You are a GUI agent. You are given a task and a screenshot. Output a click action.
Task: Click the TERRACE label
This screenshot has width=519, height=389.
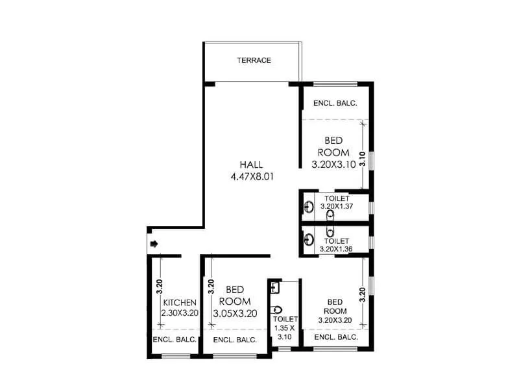pyautogui.click(x=254, y=60)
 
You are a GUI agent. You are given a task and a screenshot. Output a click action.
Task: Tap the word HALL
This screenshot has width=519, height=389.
pyautogui.click(x=251, y=164)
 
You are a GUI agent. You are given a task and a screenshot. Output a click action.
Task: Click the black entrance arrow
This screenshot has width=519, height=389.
pyautogui.click(x=154, y=244)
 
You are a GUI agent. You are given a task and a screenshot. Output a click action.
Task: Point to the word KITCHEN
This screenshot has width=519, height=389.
pyautogui.click(x=180, y=303)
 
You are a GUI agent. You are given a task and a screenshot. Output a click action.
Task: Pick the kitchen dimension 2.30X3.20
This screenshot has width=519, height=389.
pyautogui.click(x=180, y=313)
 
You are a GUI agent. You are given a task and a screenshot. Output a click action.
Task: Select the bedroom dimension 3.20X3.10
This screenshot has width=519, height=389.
pyautogui.click(x=333, y=165)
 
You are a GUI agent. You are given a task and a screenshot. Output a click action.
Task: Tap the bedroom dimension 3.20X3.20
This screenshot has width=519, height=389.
pyautogui.click(x=335, y=320)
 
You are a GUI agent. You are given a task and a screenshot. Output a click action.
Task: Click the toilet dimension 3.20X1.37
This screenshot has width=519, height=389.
pyautogui.click(x=337, y=206)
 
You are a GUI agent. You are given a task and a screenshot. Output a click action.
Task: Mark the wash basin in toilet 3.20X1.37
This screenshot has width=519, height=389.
pyautogui.click(x=309, y=207)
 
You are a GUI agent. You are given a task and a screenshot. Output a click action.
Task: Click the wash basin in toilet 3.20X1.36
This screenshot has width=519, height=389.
pyautogui.click(x=309, y=239)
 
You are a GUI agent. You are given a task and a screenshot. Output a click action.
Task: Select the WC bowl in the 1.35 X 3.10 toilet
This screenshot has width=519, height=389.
pyautogui.click(x=278, y=309)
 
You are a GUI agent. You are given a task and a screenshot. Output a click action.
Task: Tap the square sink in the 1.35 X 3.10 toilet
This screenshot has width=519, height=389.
pyautogui.click(x=275, y=287)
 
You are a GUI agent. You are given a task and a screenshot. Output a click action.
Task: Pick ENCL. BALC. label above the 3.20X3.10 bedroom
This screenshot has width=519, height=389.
pyautogui.click(x=335, y=103)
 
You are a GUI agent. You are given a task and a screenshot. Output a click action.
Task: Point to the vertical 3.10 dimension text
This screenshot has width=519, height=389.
pyautogui.click(x=363, y=159)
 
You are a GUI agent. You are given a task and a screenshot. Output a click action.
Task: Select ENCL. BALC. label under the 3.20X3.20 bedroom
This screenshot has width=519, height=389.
pyautogui.click(x=335, y=337)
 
